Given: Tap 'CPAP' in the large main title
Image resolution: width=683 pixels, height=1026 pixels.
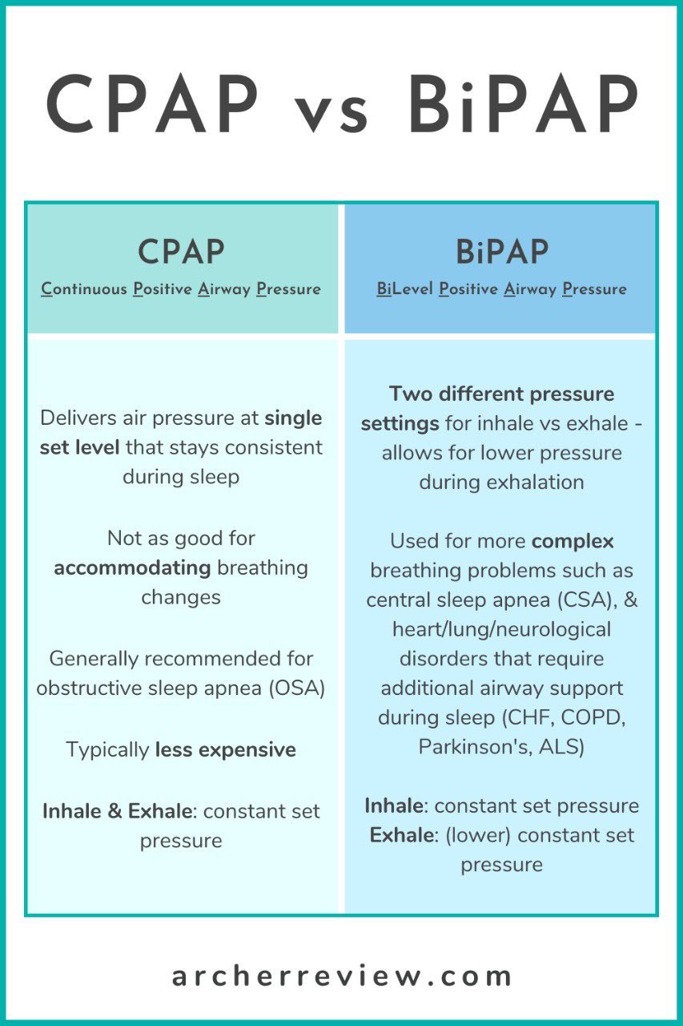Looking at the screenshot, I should (153, 104).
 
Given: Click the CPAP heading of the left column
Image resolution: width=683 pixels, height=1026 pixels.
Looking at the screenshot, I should (181, 252).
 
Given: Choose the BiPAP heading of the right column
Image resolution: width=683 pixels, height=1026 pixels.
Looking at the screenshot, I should (502, 252).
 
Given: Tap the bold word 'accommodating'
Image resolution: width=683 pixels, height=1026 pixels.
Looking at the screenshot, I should (132, 568).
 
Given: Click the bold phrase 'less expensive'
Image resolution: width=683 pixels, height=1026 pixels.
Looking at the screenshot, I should (225, 750).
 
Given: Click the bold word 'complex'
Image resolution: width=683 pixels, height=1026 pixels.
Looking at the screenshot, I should (573, 541).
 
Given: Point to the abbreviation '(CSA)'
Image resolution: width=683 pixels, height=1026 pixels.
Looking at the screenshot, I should (588, 600).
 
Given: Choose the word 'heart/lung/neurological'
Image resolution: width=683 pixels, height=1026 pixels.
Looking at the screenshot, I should (501, 629).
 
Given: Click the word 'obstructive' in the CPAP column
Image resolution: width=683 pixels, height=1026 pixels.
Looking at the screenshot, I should (83, 689).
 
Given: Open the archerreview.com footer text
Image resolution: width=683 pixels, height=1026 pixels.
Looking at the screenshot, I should (342, 976).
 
